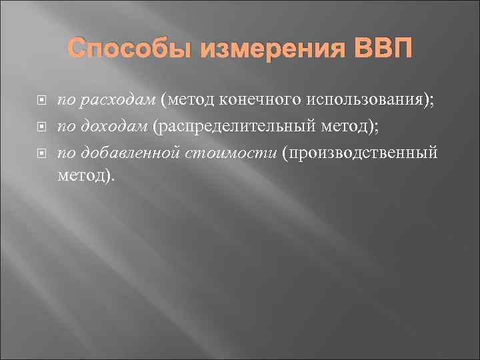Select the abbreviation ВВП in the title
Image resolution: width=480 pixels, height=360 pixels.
378,49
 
